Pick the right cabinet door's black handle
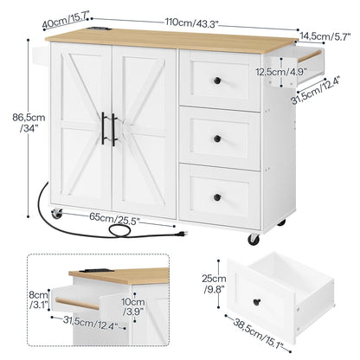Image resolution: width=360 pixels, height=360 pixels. point(113,130)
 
